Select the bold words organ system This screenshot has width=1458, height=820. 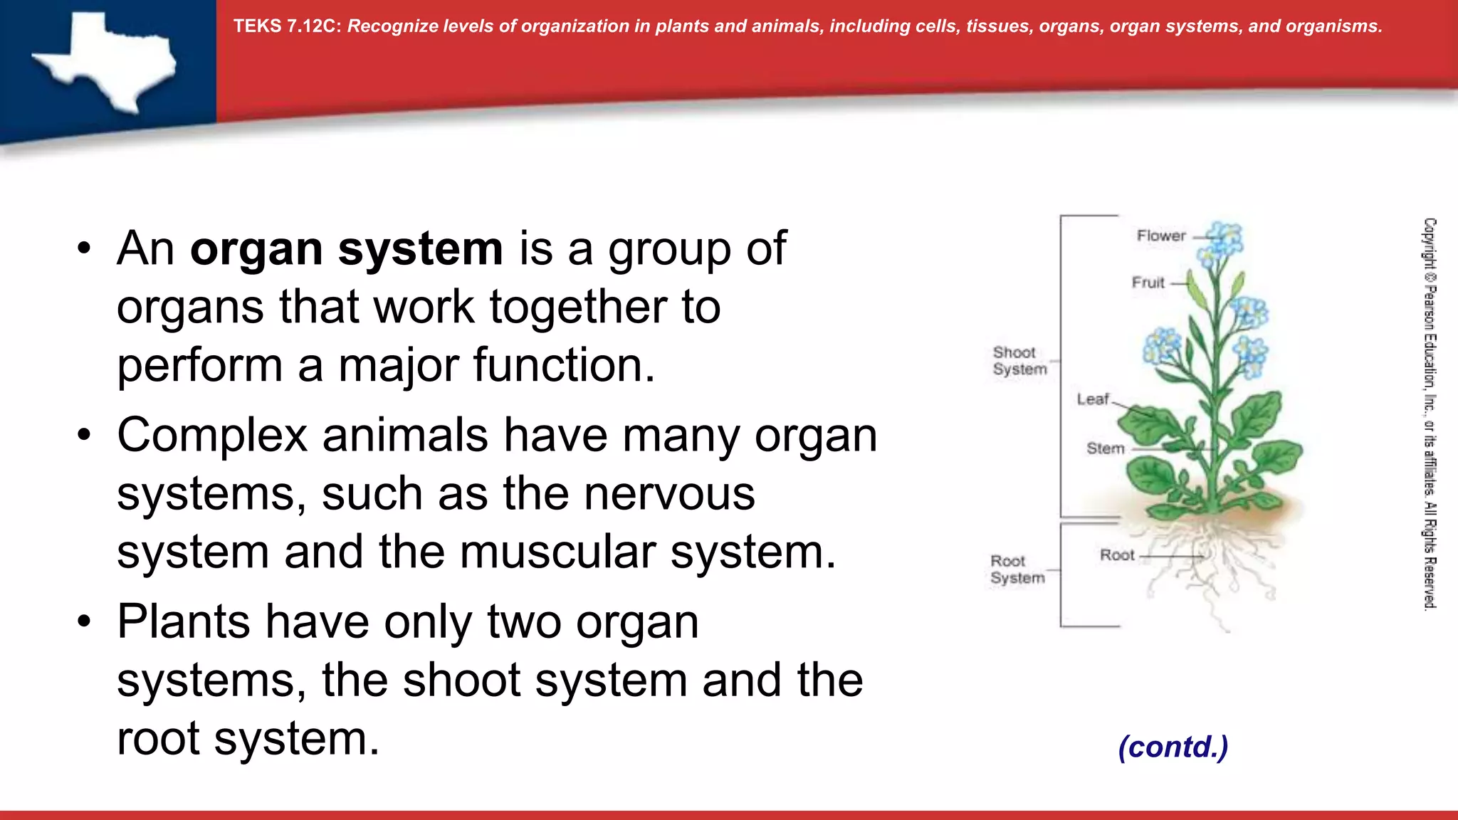pos(346,248)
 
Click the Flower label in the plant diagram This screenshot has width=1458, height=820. pos(1160,236)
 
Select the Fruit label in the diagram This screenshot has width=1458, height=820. pos(1148,283)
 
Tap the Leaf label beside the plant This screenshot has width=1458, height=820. pos(1092,399)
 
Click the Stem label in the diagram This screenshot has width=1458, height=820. pos(1105,448)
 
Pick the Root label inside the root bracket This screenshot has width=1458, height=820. pos(1116,555)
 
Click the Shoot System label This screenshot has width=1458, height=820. pos(1019,361)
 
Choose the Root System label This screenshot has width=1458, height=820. pos(1017,569)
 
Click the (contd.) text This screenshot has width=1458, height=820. pos(1173,747)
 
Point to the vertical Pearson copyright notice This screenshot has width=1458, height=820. pos(1430,413)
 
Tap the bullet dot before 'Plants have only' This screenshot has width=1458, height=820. pos(85,621)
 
